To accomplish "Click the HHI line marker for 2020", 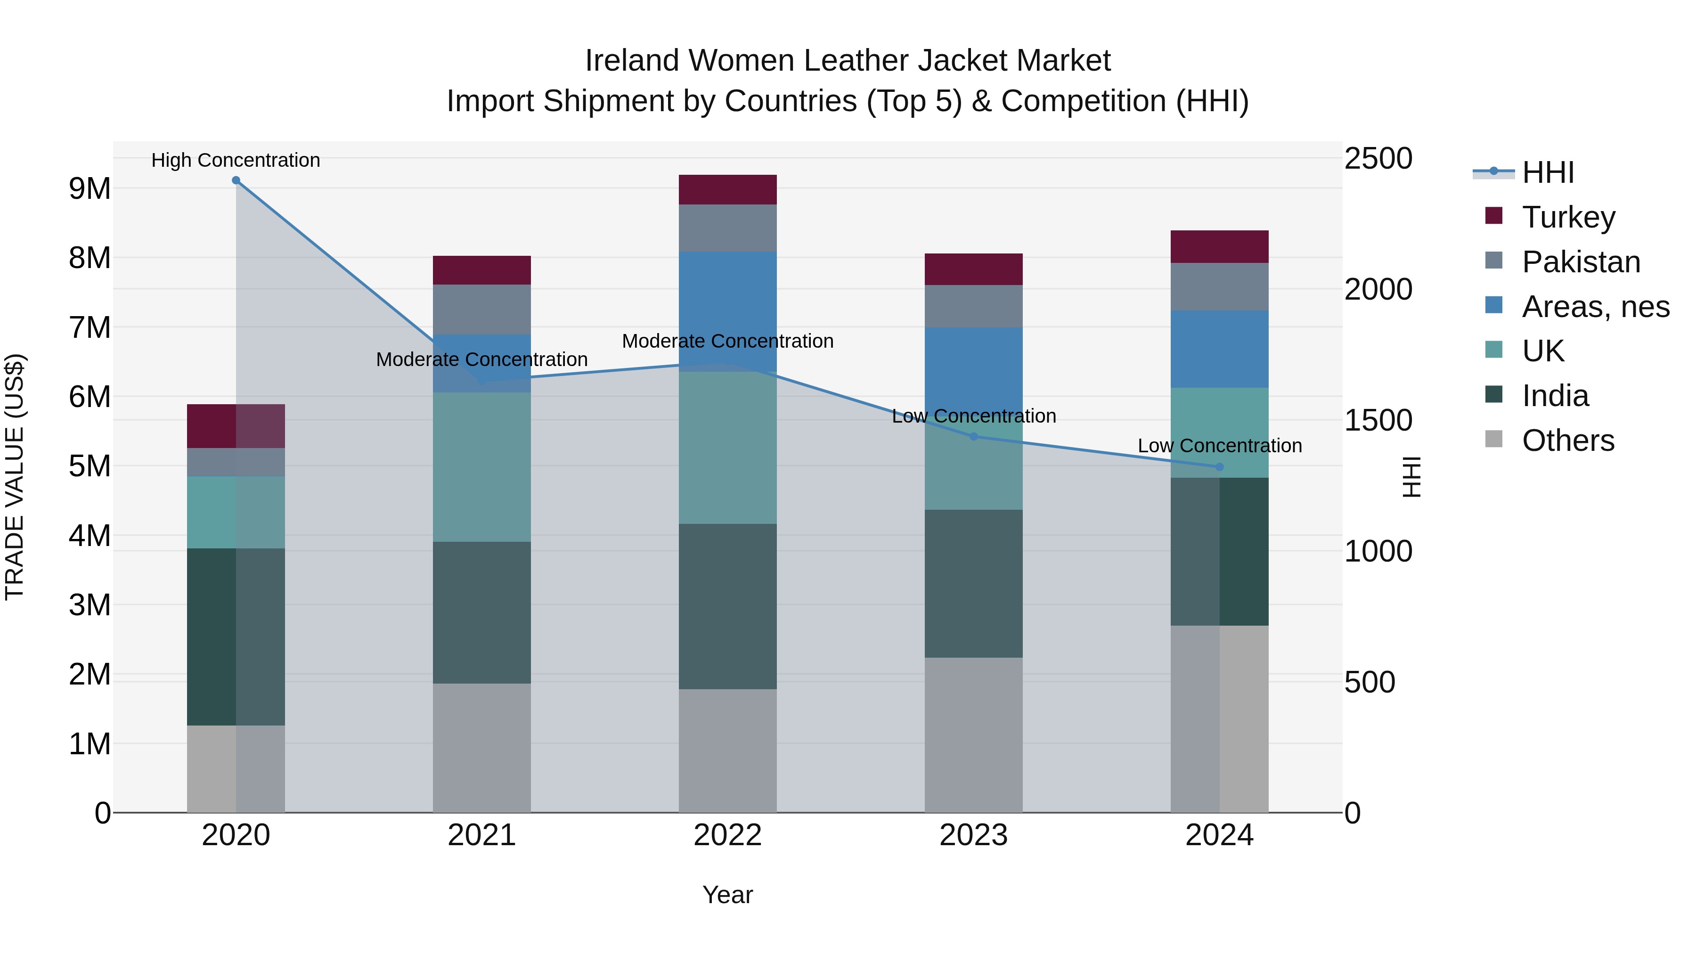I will [x=236, y=180].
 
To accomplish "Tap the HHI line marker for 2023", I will [x=974, y=437].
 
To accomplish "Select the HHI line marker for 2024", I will [x=1219, y=467].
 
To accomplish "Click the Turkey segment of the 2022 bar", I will [x=727, y=189].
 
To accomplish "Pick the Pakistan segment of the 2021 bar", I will [x=481, y=310].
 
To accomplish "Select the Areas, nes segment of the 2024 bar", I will [x=1219, y=349].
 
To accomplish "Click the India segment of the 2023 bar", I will [x=974, y=583].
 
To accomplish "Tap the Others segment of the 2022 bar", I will [x=727, y=750].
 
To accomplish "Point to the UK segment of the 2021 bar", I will [x=481, y=467].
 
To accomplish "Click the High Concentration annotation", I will [x=236, y=160].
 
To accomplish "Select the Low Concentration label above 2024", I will [x=1219, y=446].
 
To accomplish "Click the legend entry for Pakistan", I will [x=1580, y=262].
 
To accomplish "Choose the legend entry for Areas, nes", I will [x=1595, y=307].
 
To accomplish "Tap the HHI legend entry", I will [x=1547, y=172].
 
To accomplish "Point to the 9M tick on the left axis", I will [x=90, y=189].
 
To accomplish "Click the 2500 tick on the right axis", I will [x=1378, y=159].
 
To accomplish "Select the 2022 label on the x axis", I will [x=727, y=835].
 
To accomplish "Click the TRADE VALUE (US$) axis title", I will [x=15, y=477].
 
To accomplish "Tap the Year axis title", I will [x=727, y=895].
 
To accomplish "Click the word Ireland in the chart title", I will [x=632, y=61].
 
